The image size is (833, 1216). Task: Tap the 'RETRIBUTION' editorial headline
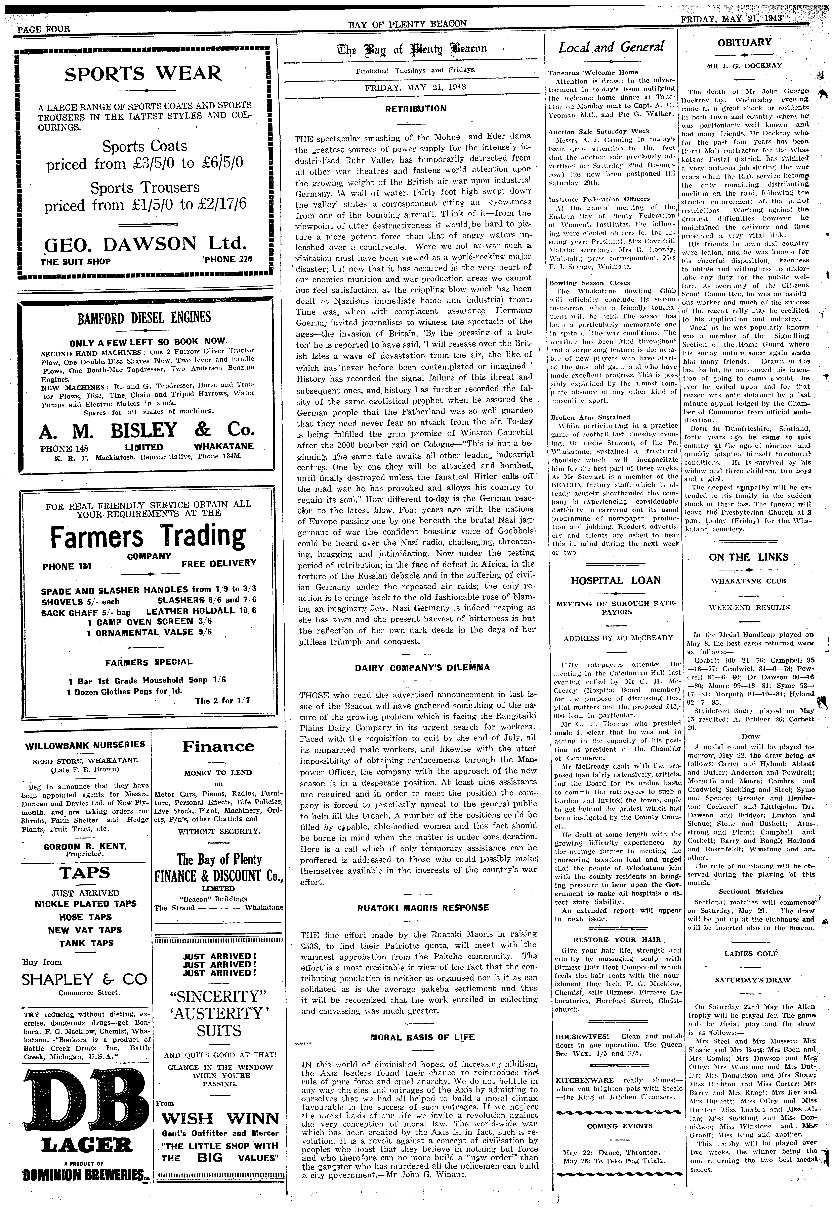[416, 109]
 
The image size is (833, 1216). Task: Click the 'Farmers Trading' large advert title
[148, 536]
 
